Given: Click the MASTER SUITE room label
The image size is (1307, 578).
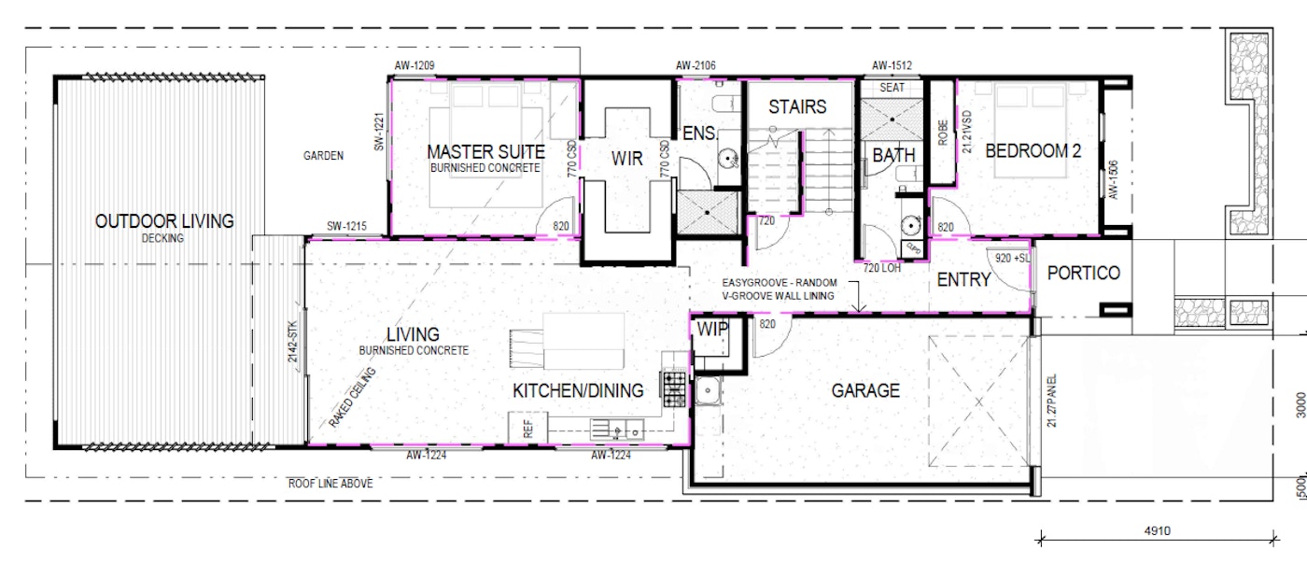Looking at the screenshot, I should point(485,151).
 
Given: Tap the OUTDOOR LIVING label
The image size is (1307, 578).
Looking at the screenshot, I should point(164,221).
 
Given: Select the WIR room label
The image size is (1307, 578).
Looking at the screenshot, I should point(627,159).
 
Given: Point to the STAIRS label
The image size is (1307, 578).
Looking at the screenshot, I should point(797,106).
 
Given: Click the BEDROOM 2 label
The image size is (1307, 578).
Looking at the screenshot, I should point(1033,150).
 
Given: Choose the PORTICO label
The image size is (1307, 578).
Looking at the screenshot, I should point(1083,274).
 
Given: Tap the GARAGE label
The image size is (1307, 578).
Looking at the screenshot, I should point(865,390).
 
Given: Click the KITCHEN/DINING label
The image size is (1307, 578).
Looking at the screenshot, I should point(578,390).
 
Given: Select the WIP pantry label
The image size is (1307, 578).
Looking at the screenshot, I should point(712,329).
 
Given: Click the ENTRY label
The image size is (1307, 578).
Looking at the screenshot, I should point(963,279).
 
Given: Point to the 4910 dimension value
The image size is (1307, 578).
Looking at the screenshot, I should point(1159,531).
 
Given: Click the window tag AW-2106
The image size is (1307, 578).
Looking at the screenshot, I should point(696,66).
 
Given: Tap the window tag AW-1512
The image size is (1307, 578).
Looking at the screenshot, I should point(892,66).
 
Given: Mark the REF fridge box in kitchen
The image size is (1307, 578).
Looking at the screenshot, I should point(527,430).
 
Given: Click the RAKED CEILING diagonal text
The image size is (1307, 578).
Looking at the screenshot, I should point(352,398).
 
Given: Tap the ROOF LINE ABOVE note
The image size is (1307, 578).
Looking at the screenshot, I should point(330,484).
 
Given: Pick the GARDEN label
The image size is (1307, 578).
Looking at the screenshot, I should point(323,157).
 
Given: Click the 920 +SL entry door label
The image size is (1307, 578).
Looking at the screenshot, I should point(1011,257).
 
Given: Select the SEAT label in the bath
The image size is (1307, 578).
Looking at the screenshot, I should point(892,87).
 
